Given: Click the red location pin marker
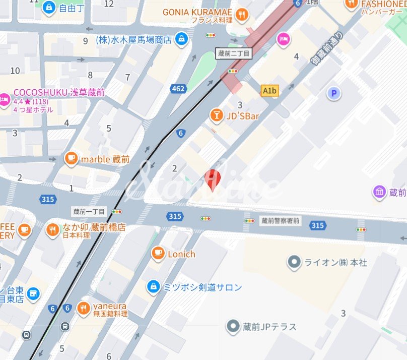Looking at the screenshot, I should point(214,179).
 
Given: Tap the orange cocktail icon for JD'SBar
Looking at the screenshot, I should point(217,116).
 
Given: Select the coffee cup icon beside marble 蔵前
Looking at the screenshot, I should point(71,159).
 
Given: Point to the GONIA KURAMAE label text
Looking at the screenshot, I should point(197,12).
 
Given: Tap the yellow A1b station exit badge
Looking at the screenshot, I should point(270,91).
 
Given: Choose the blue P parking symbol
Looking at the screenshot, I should point(332,93).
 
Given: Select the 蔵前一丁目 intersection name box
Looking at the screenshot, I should point(89,212).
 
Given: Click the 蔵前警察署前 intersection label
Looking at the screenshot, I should point(281,220).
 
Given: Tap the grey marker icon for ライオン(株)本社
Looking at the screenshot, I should point(293,262).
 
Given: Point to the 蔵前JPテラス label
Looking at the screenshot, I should point(269,327).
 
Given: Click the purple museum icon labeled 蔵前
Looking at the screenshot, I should point(379,192).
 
